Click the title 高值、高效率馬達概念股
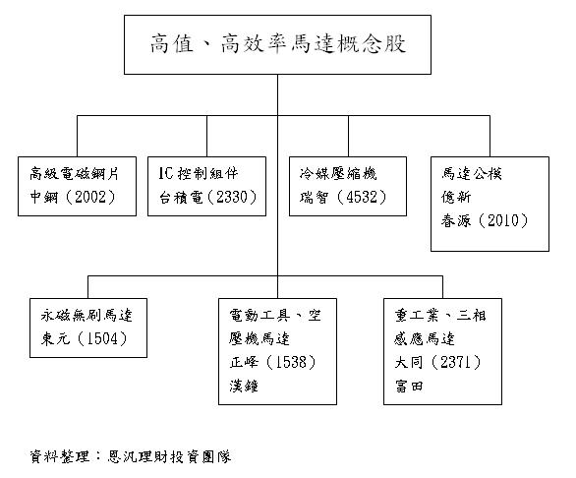click(x=279, y=44)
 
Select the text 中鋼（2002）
click(x=74, y=196)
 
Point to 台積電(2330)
click(x=207, y=196)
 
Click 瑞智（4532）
click(x=343, y=196)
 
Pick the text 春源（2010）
click(x=485, y=219)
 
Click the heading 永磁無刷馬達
click(x=86, y=316)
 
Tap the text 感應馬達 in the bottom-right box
click(x=420, y=339)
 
